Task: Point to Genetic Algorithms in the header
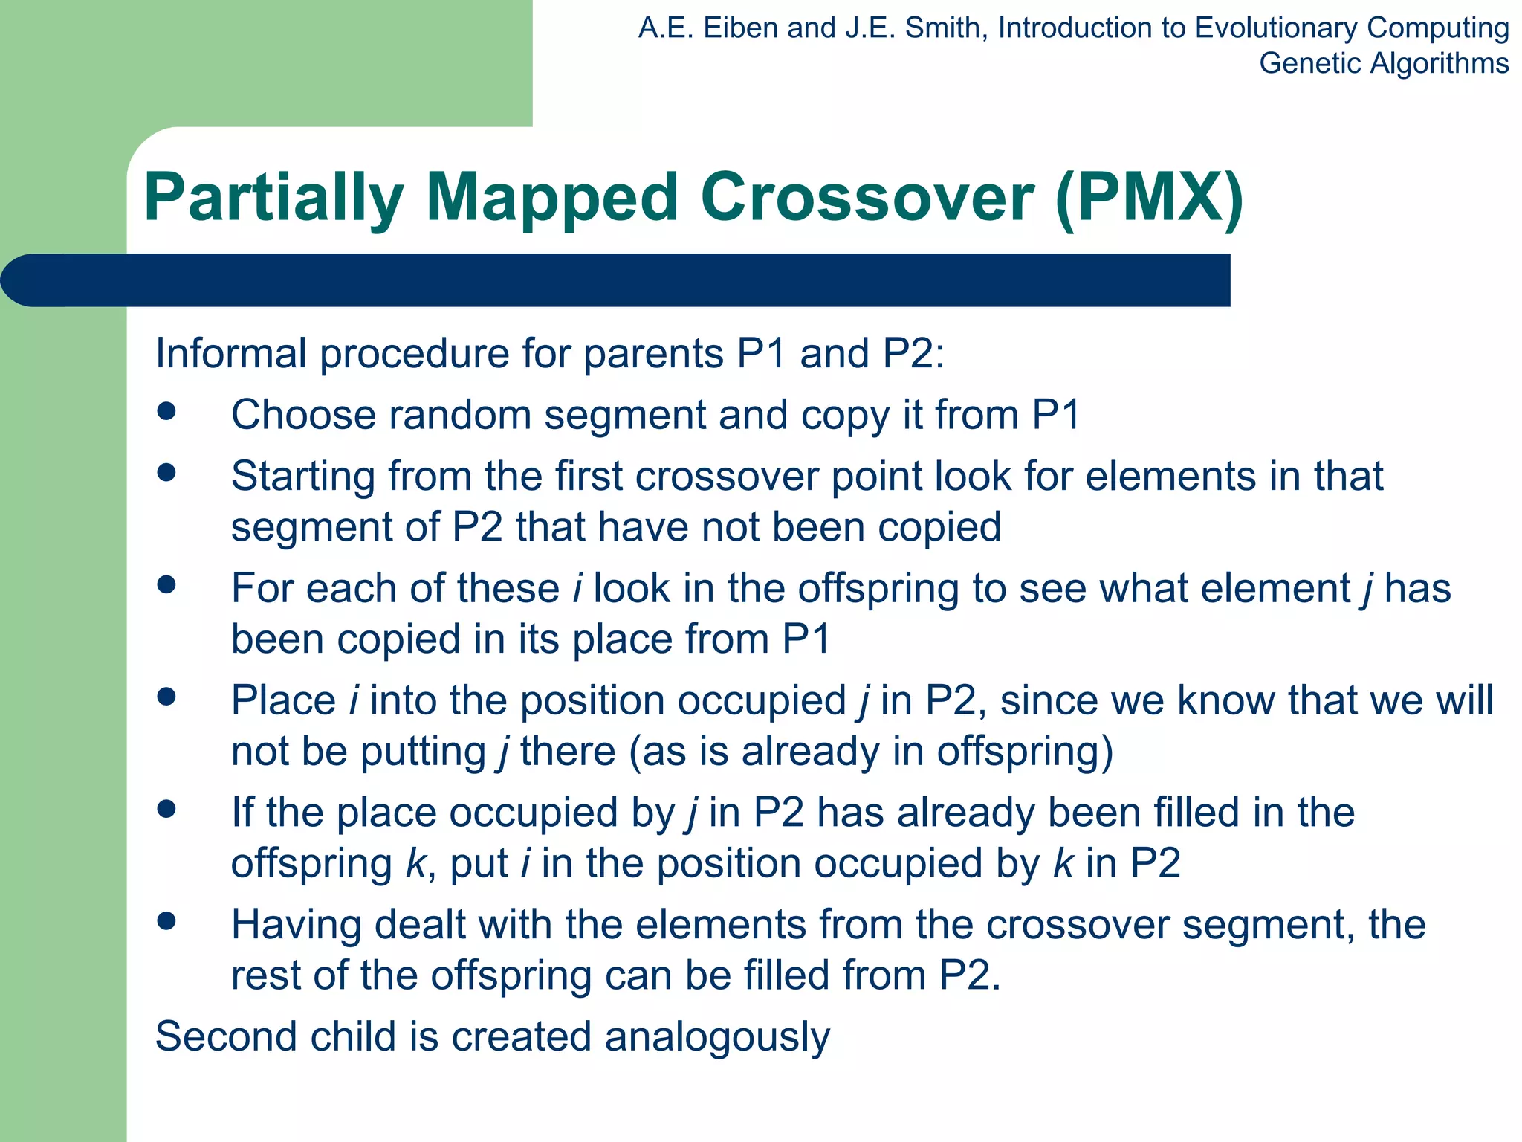point(1383,63)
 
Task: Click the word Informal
point(231,353)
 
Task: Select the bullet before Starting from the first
point(166,473)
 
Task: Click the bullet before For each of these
point(166,585)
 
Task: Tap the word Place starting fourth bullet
point(283,701)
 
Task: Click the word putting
point(423,752)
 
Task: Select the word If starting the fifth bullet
point(242,812)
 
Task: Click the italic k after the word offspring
point(415,864)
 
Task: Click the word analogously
point(716,1037)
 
